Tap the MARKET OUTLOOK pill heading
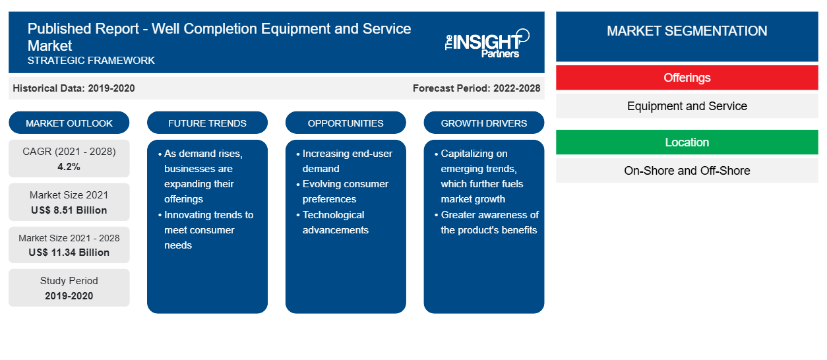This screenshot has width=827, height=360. (x=69, y=123)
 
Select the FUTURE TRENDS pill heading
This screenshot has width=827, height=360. (x=207, y=123)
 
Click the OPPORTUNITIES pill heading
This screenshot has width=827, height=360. (x=346, y=123)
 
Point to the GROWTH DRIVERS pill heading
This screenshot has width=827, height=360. (x=483, y=123)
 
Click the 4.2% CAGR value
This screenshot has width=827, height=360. (x=69, y=167)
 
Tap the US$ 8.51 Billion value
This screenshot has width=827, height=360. (x=69, y=210)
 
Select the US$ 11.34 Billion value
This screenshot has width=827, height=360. (x=69, y=253)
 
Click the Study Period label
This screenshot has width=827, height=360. (x=69, y=281)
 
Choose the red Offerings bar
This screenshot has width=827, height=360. (x=687, y=78)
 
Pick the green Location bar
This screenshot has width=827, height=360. (x=687, y=142)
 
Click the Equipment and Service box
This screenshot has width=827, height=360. (x=687, y=106)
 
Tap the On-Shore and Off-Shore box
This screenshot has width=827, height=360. (x=687, y=171)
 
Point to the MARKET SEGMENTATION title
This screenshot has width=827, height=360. (x=687, y=30)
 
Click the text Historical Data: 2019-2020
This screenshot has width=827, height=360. (x=74, y=88)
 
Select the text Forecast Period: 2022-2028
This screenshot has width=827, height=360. (x=476, y=88)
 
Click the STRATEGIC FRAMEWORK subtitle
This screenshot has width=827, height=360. (x=91, y=60)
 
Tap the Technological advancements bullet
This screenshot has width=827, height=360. (x=332, y=222)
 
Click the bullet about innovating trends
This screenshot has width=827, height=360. (x=206, y=230)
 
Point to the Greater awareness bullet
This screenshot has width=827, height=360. (x=487, y=222)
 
